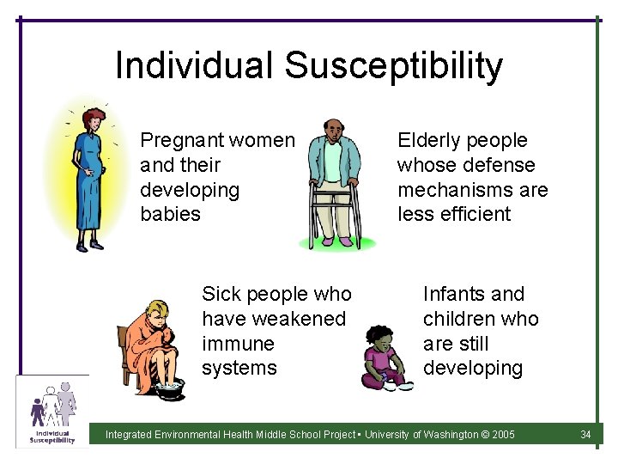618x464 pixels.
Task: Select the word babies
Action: pyautogui.click(x=170, y=214)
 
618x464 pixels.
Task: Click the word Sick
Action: pyautogui.click(x=221, y=294)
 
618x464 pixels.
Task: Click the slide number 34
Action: pyautogui.click(x=585, y=435)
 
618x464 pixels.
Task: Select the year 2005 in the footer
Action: pyautogui.click(x=503, y=435)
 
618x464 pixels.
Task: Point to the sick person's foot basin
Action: pyautogui.click(x=169, y=390)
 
